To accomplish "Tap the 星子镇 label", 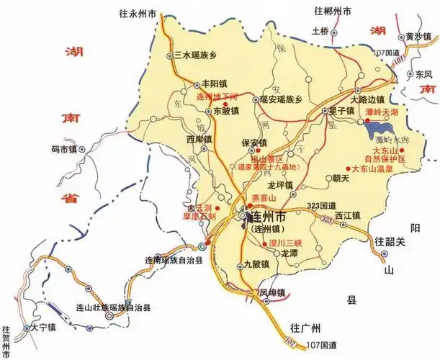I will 341,111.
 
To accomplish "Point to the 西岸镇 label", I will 199,139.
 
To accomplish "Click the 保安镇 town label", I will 254,143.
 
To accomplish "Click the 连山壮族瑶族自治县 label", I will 113,307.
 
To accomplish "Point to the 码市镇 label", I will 63,150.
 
